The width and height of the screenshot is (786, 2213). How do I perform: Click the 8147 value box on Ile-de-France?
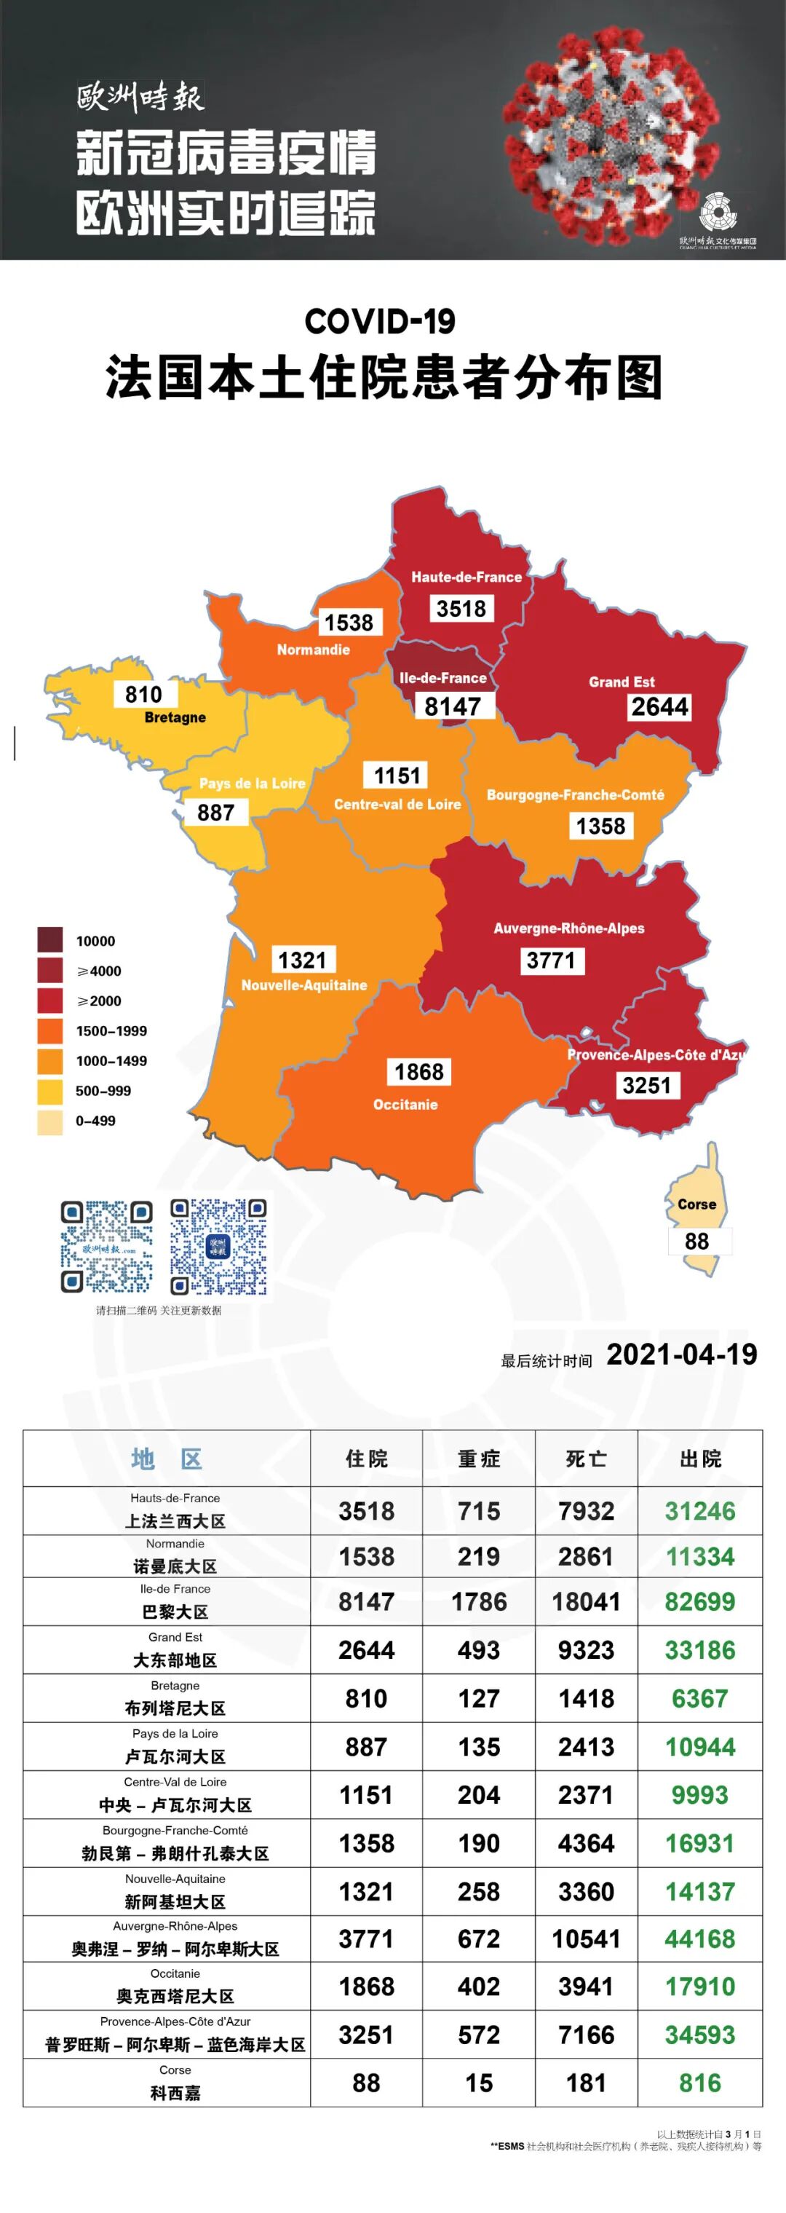[x=453, y=706]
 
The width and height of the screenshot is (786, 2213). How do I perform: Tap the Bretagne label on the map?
[x=175, y=717]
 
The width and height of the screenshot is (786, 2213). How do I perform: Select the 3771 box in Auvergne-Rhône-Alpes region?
[x=551, y=960]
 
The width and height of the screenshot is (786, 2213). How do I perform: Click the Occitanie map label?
[x=405, y=1105]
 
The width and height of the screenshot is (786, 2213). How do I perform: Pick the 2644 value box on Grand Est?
[x=659, y=707]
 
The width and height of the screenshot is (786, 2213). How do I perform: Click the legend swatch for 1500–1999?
[x=49, y=1031]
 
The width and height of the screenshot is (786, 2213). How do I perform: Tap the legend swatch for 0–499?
[x=49, y=1121]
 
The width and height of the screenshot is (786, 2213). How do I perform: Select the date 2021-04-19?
[x=681, y=1354]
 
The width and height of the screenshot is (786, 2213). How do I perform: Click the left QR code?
[x=106, y=1247]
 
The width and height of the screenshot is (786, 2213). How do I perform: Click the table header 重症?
[x=478, y=1459]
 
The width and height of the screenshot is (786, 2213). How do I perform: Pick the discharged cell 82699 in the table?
[x=700, y=1601]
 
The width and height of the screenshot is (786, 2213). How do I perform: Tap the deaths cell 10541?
[x=586, y=1939]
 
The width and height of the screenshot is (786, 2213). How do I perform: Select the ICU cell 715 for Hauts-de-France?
[x=478, y=1511]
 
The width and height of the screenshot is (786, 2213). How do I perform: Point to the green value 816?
[x=700, y=2083]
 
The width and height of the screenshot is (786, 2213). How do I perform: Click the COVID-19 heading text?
[x=380, y=321]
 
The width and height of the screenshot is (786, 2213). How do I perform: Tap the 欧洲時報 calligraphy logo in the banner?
[x=140, y=98]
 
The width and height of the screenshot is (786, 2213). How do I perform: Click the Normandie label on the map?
[x=313, y=650]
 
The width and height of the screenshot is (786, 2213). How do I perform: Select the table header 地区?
[x=167, y=1459]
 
